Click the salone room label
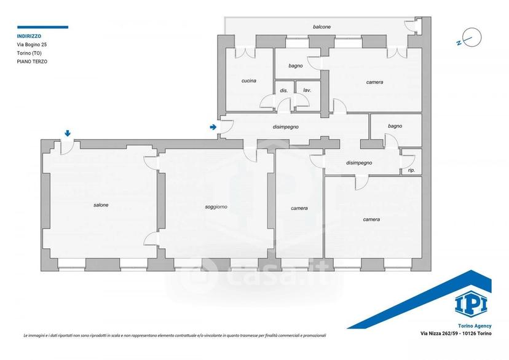coord(101,205)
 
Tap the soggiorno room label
coord(216,207)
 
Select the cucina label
coord(248,80)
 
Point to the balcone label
coord(322,27)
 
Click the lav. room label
coord(307,90)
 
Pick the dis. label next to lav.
coord(284,90)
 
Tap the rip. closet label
coord(411,170)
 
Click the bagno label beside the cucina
coord(296,66)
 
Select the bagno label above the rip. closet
coord(395,126)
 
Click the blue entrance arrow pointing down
coord(68,133)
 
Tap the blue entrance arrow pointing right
coord(213,127)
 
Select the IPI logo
coord(471,303)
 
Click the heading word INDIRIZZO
coord(30,36)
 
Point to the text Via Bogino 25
coord(32,45)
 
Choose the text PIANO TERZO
coord(32,61)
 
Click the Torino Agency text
coord(475,326)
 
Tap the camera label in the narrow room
coord(299,208)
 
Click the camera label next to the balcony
coord(374,82)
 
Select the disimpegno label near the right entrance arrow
coord(286,127)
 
